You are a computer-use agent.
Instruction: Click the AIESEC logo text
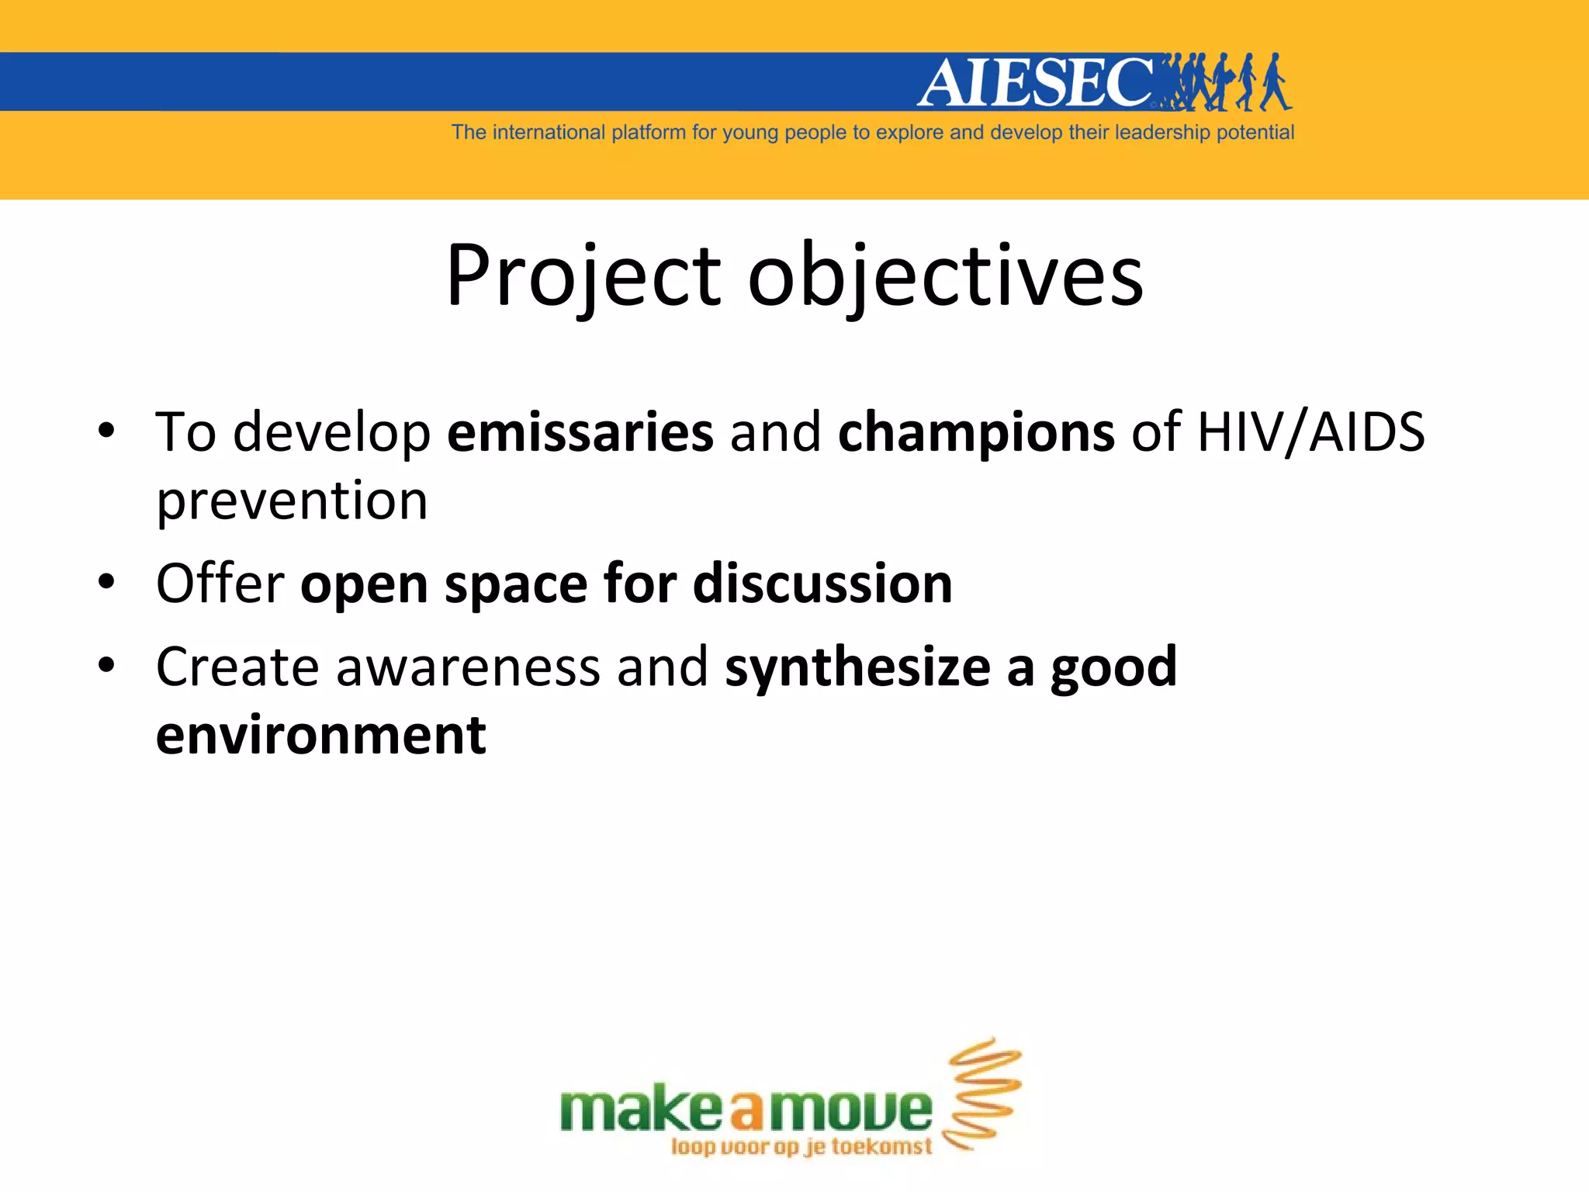coord(1036,82)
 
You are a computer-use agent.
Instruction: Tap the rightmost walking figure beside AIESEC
coord(1274,82)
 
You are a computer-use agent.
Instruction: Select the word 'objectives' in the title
coord(945,276)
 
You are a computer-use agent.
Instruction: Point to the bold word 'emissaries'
coord(580,431)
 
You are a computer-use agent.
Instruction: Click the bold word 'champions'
coord(976,433)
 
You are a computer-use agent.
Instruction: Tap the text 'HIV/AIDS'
coord(1311,431)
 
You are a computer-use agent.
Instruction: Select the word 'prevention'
coord(292,501)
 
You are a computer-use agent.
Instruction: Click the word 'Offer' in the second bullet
coord(220,583)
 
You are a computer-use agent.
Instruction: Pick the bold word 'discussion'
coord(822,583)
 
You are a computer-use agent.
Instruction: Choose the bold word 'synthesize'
coord(857,667)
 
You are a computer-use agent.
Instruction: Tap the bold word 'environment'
coord(321,735)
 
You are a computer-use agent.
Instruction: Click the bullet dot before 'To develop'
coord(107,431)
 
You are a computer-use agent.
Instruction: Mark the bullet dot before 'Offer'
coord(107,582)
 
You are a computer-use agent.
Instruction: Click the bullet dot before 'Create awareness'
coord(107,666)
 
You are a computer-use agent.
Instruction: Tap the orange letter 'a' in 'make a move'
coord(747,1111)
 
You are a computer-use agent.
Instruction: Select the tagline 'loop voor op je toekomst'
coord(801,1147)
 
